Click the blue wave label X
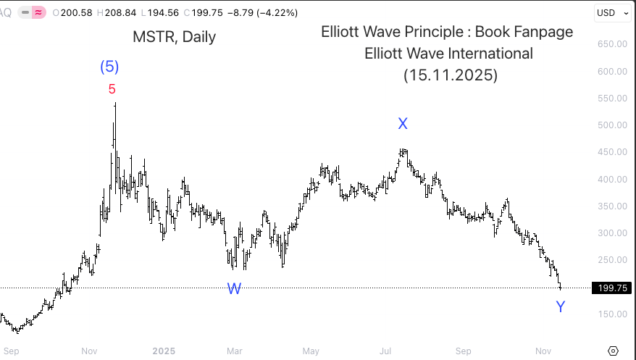[403, 124]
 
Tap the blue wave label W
[234, 289]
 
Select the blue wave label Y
[560, 307]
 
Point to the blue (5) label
[109, 67]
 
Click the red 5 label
[112, 89]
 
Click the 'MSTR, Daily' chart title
[174, 37]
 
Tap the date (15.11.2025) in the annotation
[450, 75]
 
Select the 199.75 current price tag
[610, 288]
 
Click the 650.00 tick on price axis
[612, 44]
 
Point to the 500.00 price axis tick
[612, 125]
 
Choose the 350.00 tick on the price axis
[612, 206]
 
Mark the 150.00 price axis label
[612, 314]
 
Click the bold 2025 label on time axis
[164, 351]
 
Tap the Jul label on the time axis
[386, 351]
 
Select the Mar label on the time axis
[234, 351]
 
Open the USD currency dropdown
[611, 12]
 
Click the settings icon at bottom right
[613, 351]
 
